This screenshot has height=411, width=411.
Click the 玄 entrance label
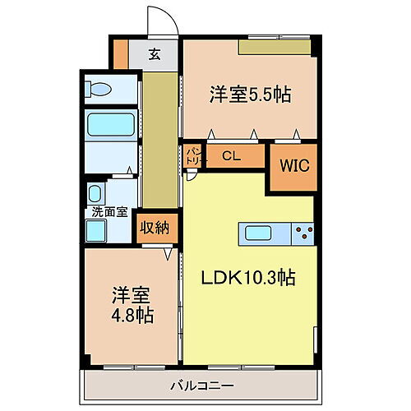tap(154, 55)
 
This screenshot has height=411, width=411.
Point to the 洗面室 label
tap(109, 211)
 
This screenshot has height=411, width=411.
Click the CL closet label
tap(232, 154)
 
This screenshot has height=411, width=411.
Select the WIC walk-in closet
tap(293, 166)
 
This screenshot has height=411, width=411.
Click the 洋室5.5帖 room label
tap(249, 93)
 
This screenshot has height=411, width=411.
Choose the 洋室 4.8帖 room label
tap(132, 303)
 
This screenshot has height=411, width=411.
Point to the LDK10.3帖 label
tap(249, 278)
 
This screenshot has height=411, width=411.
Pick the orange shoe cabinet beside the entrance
tap(121, 53)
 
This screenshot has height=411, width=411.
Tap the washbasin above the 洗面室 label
tap(95, 195)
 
